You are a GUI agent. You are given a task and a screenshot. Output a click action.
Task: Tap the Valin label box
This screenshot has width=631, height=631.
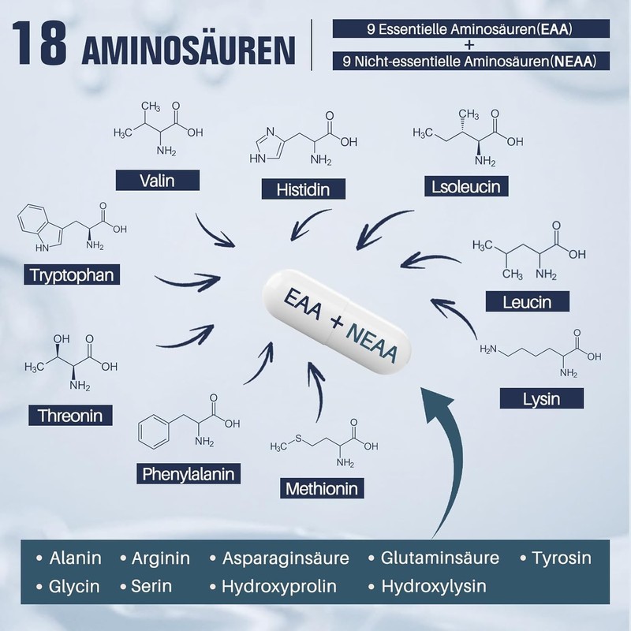coord(156,180)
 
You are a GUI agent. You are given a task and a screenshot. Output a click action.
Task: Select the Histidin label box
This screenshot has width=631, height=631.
coord(302,189)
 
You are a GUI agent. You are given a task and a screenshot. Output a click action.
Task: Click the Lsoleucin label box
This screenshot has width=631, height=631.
coord(465,186)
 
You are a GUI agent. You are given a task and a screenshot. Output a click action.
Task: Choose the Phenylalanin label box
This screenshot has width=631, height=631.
coord(189,474)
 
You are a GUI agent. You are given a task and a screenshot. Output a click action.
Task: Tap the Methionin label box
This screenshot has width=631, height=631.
coord(322,488)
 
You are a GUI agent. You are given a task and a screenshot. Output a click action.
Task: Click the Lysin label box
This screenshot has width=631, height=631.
coord(541,398)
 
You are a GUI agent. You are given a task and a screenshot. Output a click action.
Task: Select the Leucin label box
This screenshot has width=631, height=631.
coord(527,301)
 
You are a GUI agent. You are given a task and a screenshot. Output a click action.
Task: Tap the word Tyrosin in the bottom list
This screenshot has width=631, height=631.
coord(562,558)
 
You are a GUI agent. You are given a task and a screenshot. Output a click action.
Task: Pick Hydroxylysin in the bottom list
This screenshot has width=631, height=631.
coord(434,586)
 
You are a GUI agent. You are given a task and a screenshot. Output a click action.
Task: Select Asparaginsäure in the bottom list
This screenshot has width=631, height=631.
coord(285,558)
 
